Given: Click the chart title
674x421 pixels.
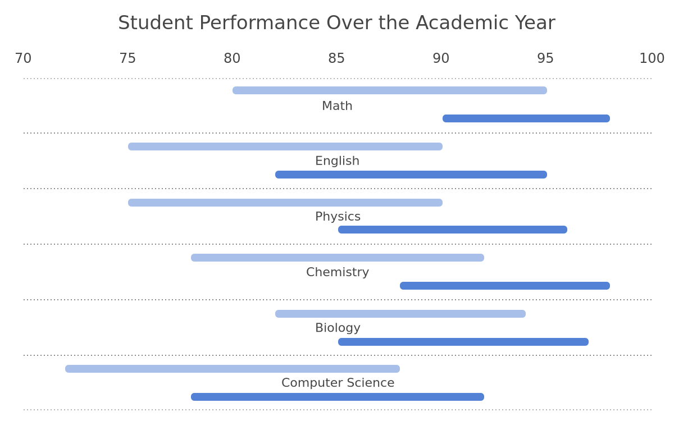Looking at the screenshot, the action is (x=336, y=23).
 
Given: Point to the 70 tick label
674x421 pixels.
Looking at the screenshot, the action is (x=23, y=58).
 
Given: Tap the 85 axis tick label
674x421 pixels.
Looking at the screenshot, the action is (x=336, y=58).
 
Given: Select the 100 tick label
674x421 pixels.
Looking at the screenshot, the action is (x=652, y=58).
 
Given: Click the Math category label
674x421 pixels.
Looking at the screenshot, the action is (x=337, y=106).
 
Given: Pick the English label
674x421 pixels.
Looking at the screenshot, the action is (x=338, y=161).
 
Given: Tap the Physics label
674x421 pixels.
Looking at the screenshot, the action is (x=338, y=217).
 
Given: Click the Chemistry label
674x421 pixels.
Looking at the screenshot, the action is (x=338, y=272).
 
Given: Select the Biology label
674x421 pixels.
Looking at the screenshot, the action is (x=338, y=328).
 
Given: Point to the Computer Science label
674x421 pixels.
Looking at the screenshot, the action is (x=338, y=383).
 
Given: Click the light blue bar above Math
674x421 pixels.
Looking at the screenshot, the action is (x=390, y=90).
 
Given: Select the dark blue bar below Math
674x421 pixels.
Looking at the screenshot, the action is (x=526, y=118).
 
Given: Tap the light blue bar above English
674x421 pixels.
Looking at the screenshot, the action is (x=285, y=147).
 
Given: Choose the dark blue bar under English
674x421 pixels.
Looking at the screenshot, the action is (x=411, y=175).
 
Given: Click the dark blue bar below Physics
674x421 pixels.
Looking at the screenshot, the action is (x=453, y=230).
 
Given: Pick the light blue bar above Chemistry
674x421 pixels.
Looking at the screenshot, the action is (x=338, y=258).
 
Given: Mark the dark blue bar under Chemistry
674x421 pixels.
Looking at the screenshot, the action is (x=505, y=286).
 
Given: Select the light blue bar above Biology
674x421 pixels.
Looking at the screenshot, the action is (x=400, y=314).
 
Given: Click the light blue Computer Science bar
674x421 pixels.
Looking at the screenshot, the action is (x=233, y=369).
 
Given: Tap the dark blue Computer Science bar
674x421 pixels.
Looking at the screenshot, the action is (x=338, y=397).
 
